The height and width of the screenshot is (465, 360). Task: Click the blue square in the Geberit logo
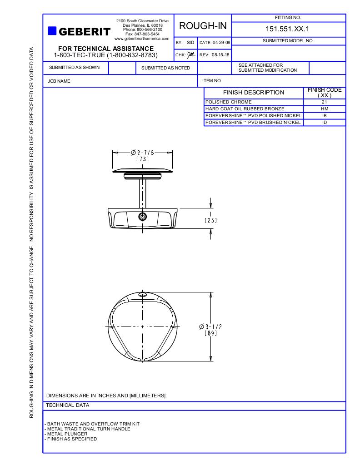52,31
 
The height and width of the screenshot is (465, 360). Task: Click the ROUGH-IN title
203,26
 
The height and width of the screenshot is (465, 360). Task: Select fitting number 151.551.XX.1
288,29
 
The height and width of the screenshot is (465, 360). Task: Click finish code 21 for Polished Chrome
324,102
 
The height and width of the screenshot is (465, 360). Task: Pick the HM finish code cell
324,109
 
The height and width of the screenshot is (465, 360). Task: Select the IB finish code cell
324,116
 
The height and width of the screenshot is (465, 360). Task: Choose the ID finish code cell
324,123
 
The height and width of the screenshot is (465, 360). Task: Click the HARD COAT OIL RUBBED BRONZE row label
245,109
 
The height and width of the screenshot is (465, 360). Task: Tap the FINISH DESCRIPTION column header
253,93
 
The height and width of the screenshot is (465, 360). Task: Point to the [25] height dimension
210,220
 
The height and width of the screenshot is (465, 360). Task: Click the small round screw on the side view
143,217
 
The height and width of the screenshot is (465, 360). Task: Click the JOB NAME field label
59,81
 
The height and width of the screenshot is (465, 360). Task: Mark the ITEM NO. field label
212,81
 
